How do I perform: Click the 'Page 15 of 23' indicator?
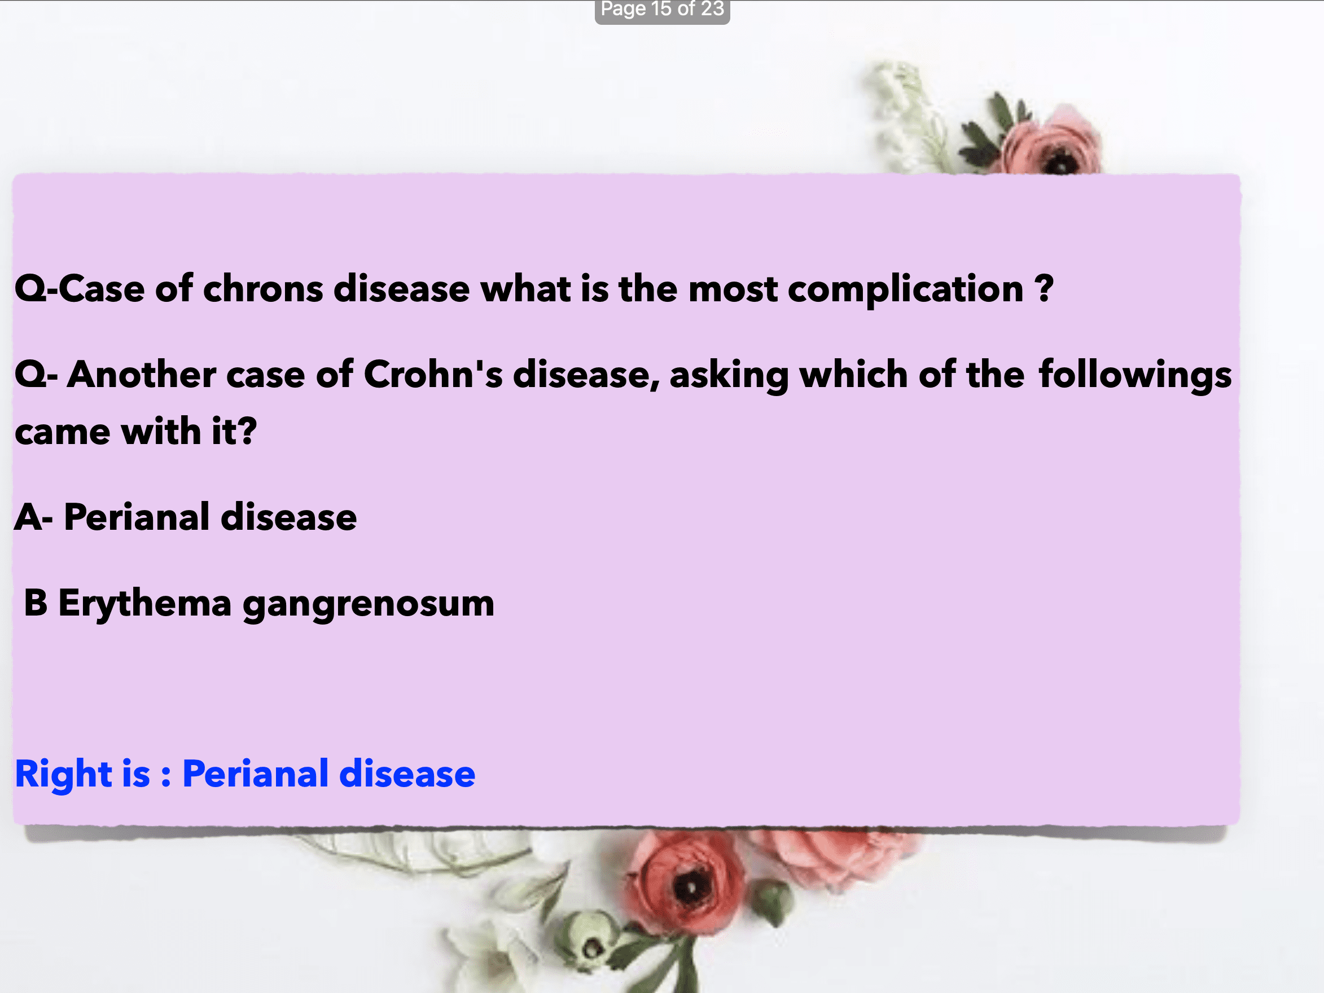662,10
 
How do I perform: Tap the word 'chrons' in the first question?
264,289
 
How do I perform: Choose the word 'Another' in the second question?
141,375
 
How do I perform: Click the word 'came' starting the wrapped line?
63,432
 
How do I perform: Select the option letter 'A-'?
33,517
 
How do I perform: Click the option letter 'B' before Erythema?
36,603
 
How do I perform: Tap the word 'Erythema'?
145,603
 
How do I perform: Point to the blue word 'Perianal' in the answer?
256,774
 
